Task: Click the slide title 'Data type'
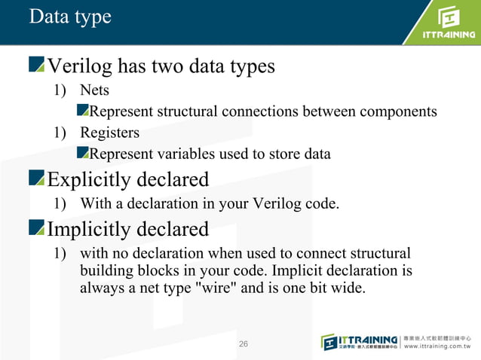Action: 69,17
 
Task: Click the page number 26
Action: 243,344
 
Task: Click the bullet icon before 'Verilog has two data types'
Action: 37,66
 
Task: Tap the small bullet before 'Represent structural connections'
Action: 83,111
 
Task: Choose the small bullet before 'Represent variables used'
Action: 83,154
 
